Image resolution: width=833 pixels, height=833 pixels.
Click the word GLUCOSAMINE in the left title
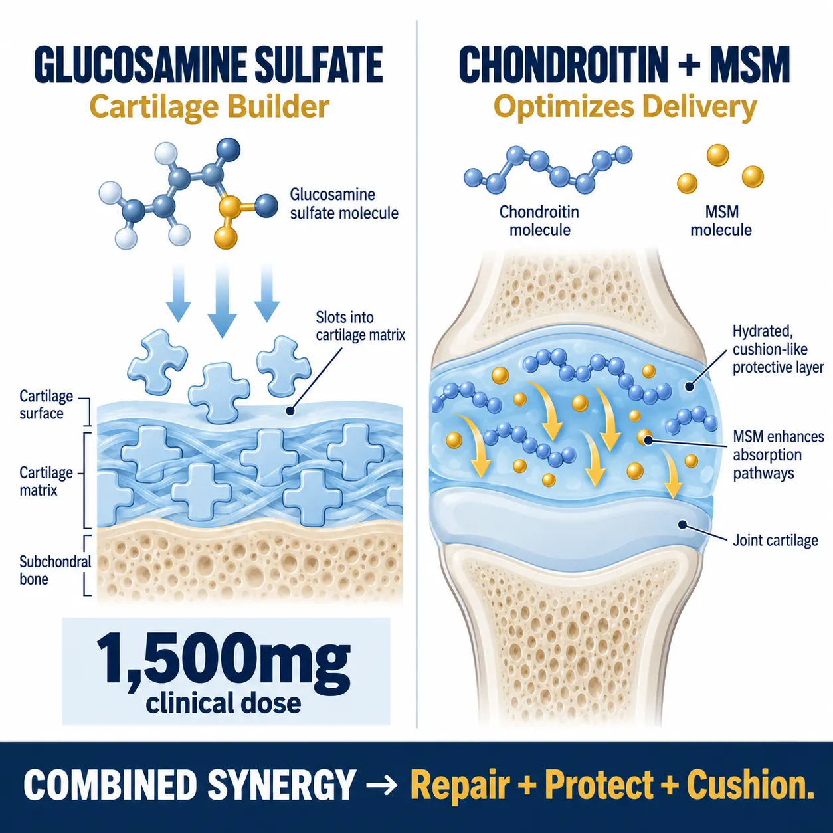[140, 65]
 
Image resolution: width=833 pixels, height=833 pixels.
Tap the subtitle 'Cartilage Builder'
[209, 107]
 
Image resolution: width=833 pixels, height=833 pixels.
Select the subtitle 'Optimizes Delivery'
[624, 107]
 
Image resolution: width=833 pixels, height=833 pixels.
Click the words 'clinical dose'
[223, 703]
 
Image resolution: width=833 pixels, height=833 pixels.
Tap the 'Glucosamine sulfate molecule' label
[343, 204]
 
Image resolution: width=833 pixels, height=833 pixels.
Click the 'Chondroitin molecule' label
[539, 221]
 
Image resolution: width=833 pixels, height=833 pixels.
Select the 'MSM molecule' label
[721, 221]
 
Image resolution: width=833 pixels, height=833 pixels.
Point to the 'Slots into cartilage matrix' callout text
[361, 326]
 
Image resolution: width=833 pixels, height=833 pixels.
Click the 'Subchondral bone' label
[55, 570]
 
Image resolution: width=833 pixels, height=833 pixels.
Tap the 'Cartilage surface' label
[46, 405]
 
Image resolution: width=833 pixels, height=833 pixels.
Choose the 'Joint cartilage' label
[775, 540]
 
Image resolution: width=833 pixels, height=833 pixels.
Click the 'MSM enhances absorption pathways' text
[779, 455]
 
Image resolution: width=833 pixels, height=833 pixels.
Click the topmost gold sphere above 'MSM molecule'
[718, 155]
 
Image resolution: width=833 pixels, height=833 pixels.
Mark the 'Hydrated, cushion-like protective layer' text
[778, 349]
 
